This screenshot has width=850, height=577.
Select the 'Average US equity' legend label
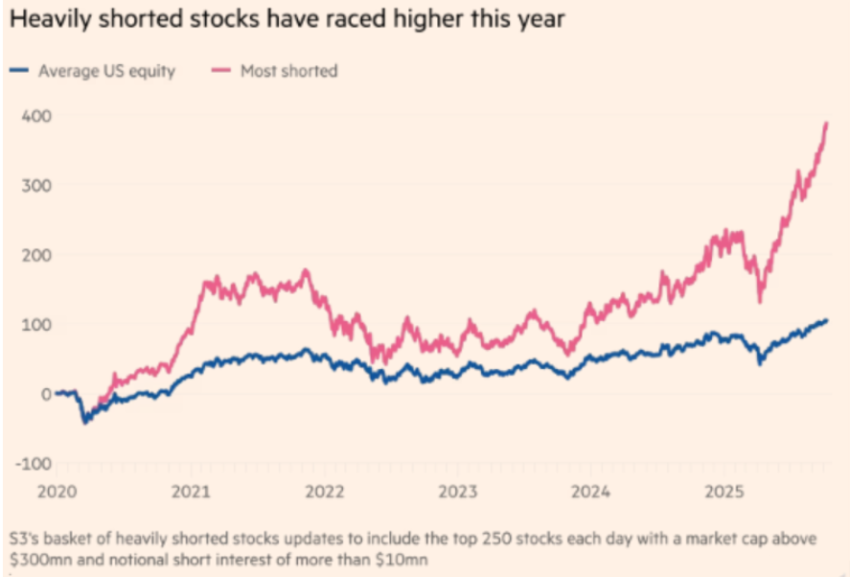click(106, 71)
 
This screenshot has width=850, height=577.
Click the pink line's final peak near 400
click(826, 124)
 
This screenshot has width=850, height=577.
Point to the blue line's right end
click(826, 321)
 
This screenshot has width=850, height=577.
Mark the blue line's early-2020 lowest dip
click(84, 422)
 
